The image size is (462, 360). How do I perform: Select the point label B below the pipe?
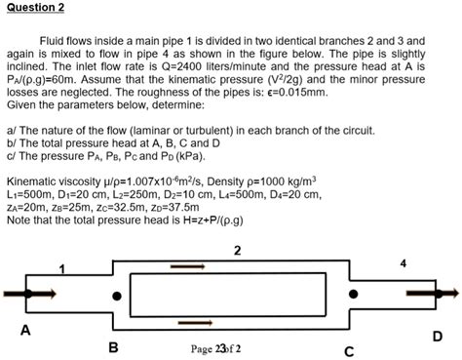113,347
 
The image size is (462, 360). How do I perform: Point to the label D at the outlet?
438,337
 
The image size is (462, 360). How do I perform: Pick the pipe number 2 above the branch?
237,251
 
